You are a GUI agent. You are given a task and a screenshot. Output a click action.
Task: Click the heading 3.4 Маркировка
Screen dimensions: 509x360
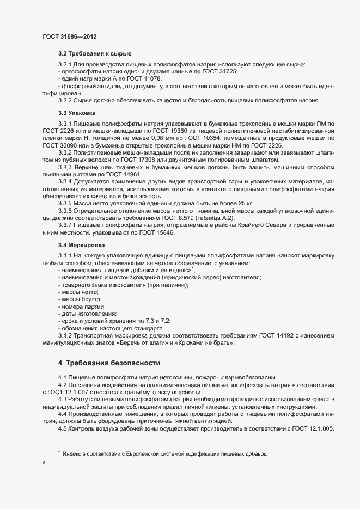tap(82, 246)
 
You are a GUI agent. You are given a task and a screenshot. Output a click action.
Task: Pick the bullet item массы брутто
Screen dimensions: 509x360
tap(81, 299)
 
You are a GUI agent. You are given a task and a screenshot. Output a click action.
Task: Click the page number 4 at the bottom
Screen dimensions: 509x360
tap(44, 463)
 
